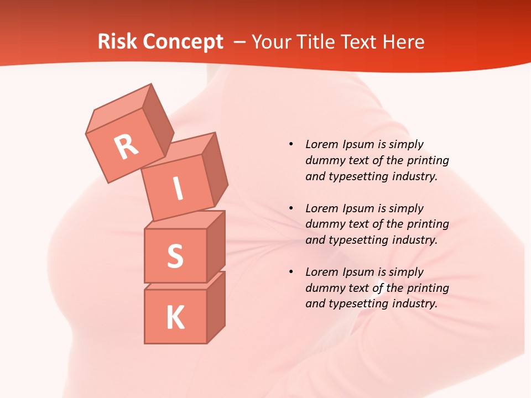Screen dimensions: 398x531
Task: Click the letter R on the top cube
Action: tap(126, 146)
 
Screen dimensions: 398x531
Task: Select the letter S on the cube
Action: tap(175, 256)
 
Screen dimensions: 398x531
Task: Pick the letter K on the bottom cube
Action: tap(175, 318)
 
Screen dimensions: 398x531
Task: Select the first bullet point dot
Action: tap(291, 145)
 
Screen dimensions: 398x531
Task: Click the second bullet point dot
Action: tap(291, 208)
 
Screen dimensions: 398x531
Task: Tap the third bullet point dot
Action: tap(291, 272)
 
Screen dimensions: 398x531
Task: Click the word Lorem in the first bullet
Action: tap(320, 145)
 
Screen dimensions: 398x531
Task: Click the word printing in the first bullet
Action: tap(428, 161)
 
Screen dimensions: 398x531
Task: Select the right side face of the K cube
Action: tap(216, 307)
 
